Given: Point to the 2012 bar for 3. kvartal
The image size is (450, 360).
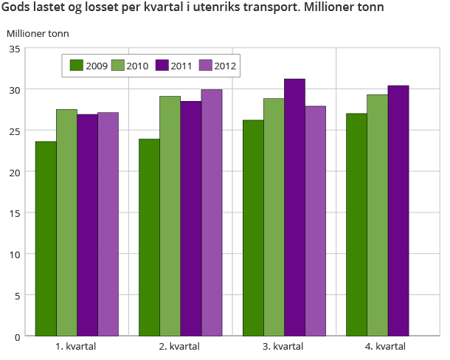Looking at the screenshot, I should tap(316, 221).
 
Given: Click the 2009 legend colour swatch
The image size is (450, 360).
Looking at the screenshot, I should tap(76, 65).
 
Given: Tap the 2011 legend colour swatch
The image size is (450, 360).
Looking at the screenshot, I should tap(163, 65).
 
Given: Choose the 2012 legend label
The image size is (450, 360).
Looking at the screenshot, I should tap(225, 66).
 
